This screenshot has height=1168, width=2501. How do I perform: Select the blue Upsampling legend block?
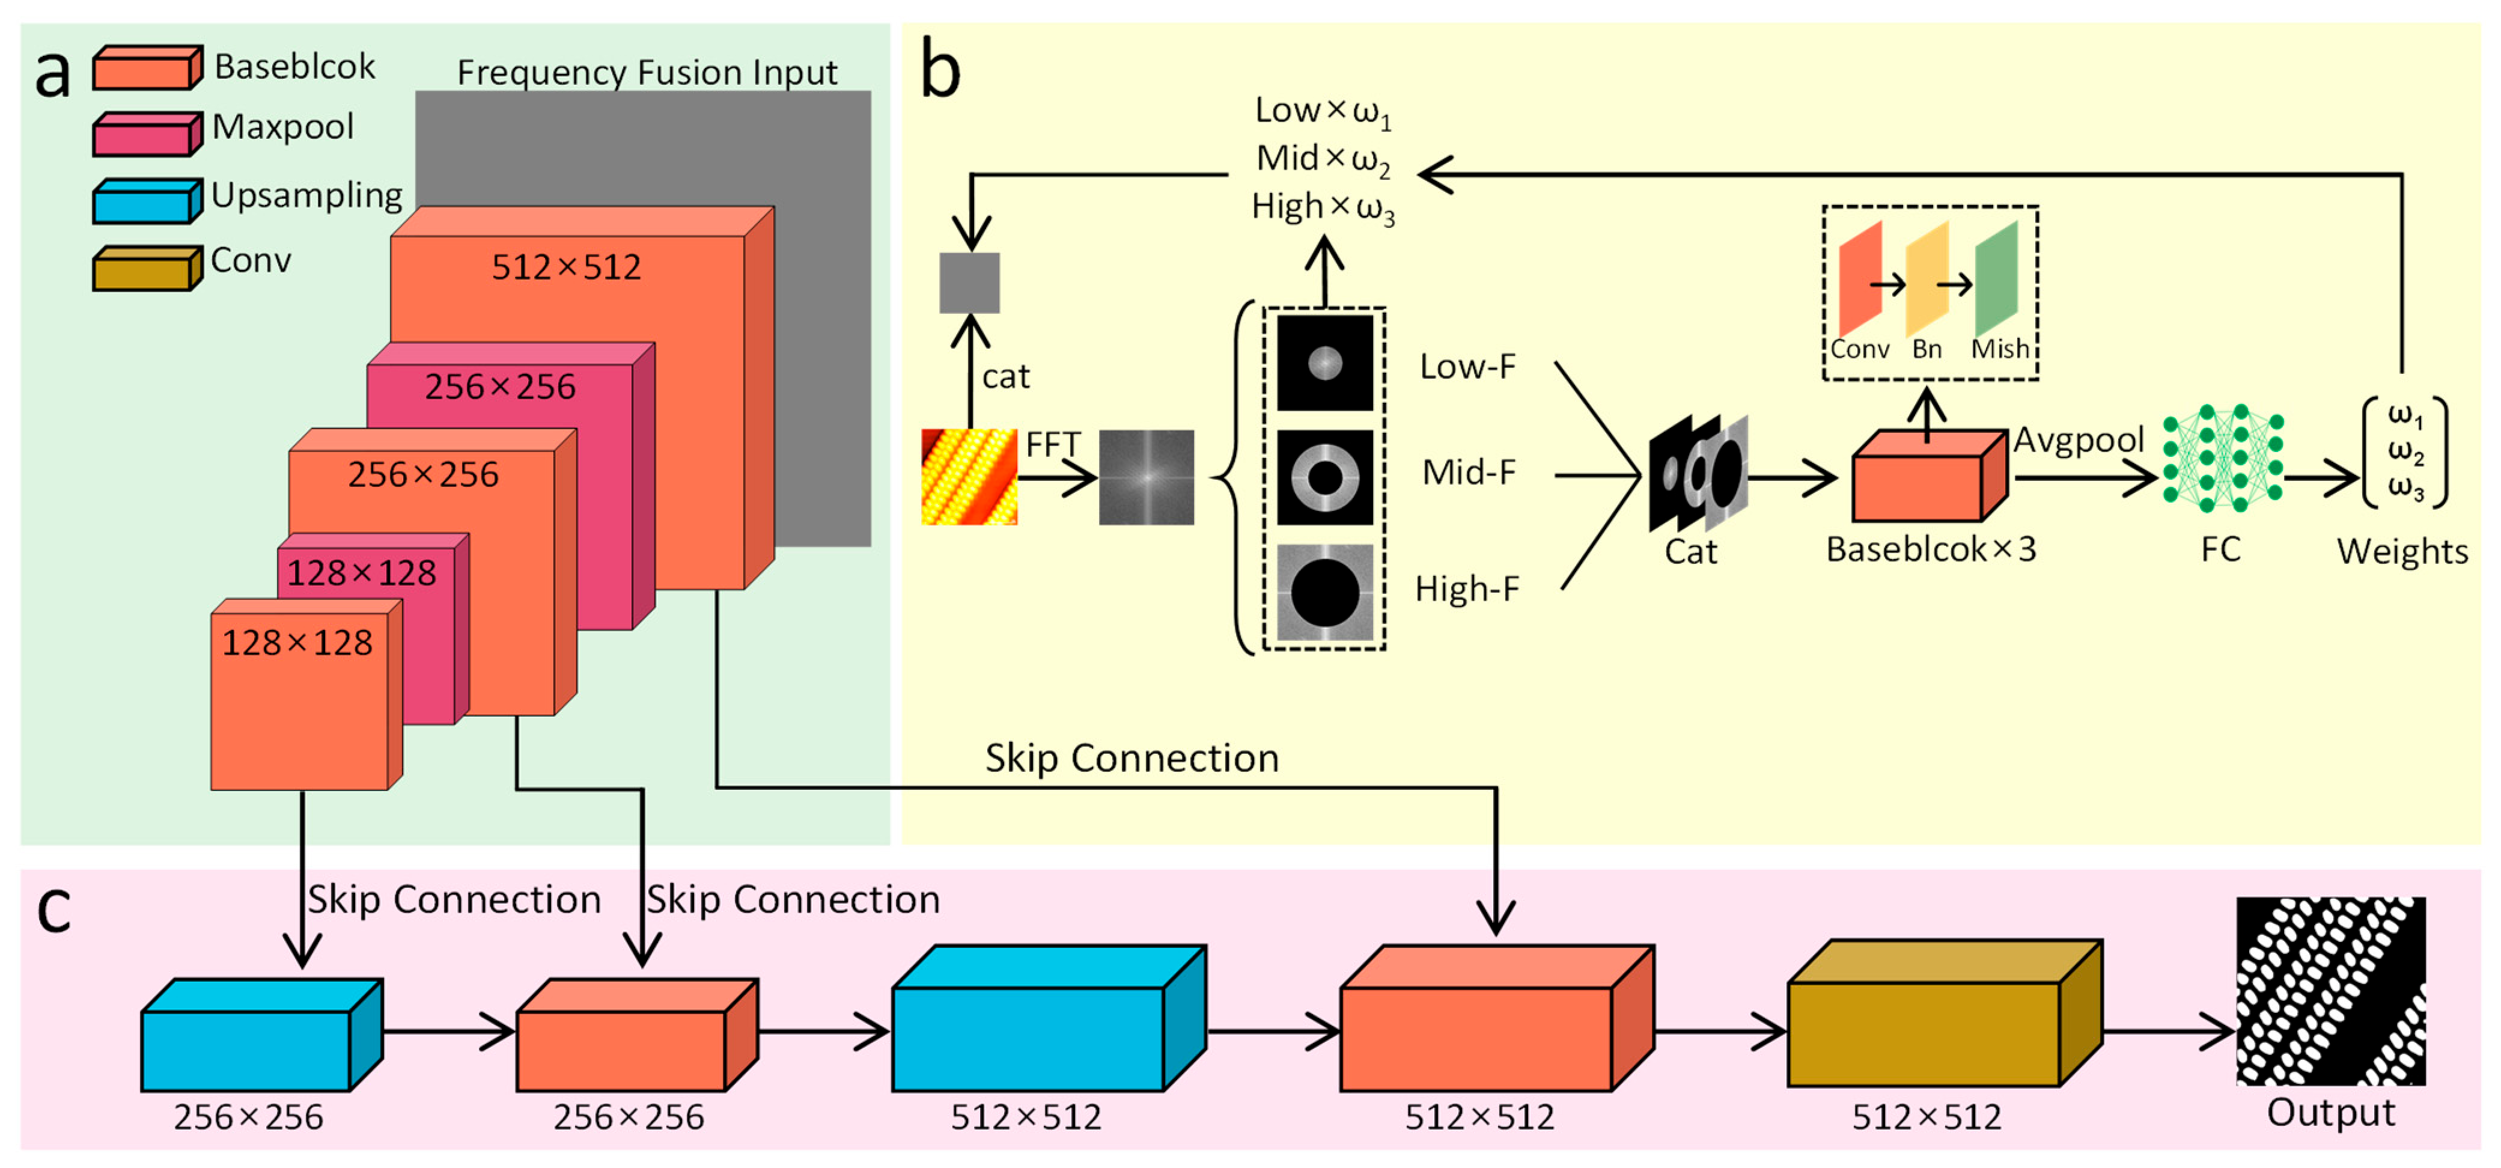click(x=148, y=201)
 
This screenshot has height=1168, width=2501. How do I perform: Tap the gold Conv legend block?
click(x=148, y=268)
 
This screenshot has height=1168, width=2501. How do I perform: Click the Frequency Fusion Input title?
click(x=647, y=73)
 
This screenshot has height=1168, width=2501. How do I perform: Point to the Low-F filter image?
click(x=1324, y=362)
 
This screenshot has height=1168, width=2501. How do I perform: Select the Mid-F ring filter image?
click(x=1324, y=477)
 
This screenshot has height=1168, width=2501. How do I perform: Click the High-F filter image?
click(x=1324, y=592)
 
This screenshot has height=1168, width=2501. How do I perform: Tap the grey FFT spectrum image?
click(x=1146, y=477)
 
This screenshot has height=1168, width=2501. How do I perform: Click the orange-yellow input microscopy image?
click(x=969, y=477)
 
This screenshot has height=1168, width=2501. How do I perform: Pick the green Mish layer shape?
click(x=1996, y=279)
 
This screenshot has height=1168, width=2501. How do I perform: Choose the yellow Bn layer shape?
click(x=1927, y=279)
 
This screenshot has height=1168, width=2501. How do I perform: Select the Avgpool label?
click(x=2078, y=440)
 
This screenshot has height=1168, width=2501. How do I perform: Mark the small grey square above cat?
click(x=969, y=283)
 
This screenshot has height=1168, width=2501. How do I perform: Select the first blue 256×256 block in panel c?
click(x=262, y=1035)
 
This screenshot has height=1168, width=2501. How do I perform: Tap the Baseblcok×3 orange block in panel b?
click(x=1929, y=475)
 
